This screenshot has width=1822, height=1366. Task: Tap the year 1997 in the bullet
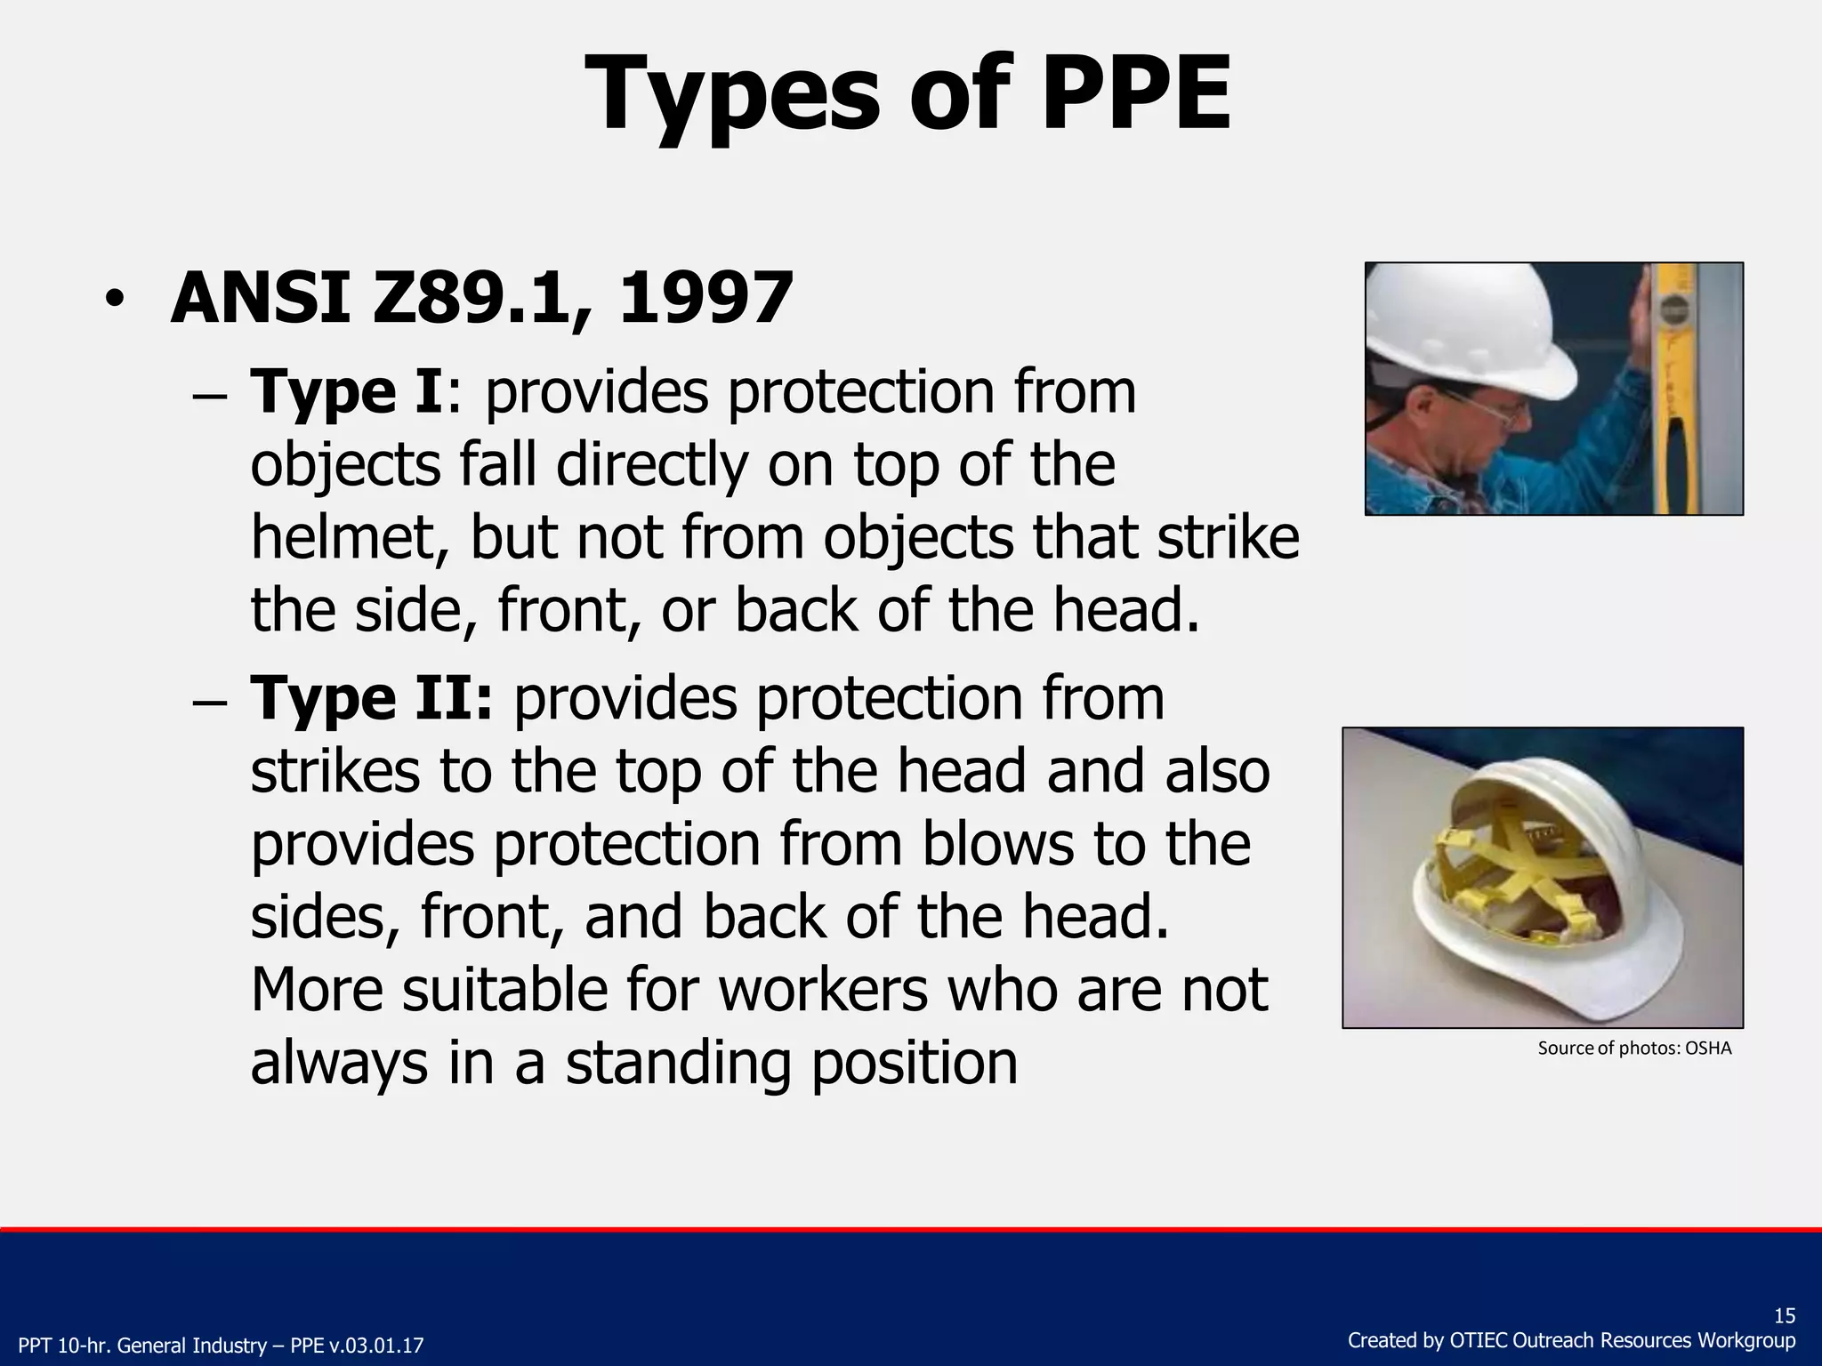[705, 298]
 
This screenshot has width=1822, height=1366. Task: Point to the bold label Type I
[346, 392]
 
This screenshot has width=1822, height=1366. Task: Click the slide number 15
[1784, 1316]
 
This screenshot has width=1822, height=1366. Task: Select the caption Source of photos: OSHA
[1634, 1049]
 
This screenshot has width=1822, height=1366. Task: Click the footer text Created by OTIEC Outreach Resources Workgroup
[1571, 1340]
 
